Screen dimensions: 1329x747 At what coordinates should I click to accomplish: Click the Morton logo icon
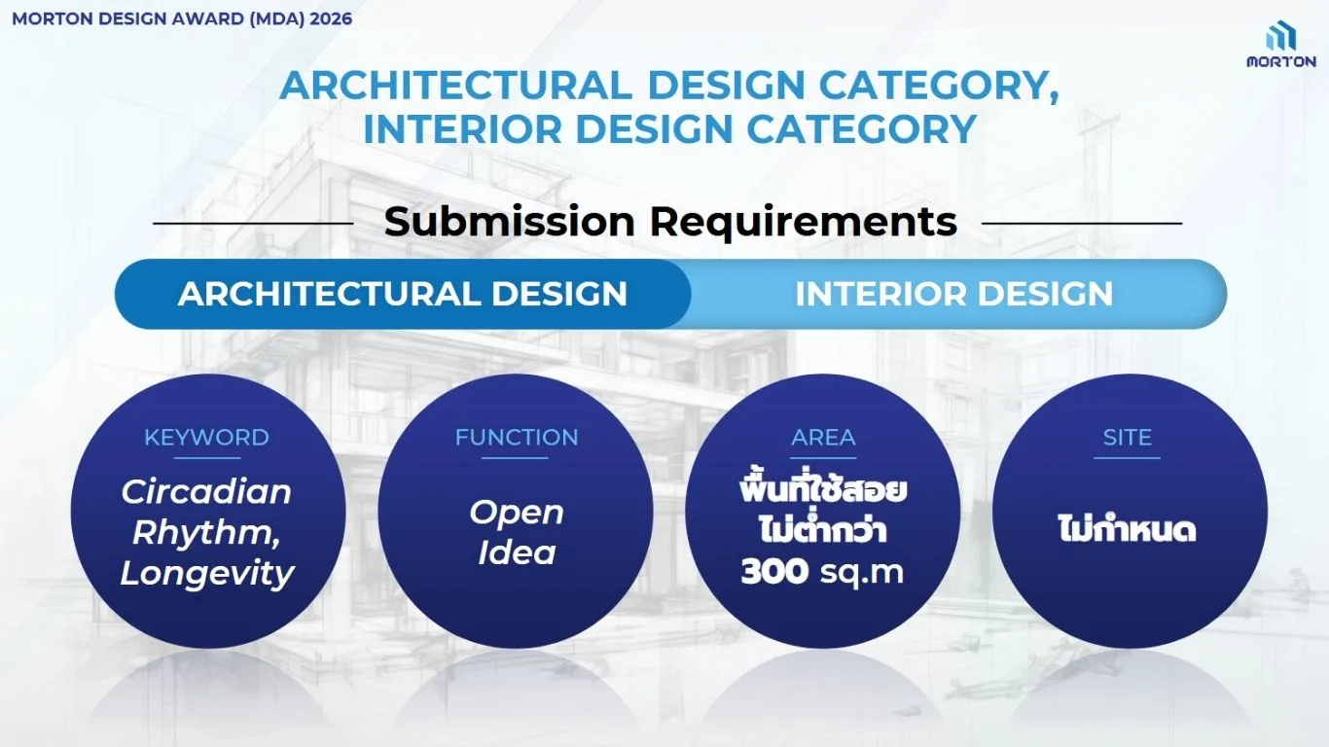[x=1280, y=37]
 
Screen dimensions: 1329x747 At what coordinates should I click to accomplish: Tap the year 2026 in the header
[x=331, y=19]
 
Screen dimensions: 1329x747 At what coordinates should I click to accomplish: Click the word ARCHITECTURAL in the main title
[x=455, y=86]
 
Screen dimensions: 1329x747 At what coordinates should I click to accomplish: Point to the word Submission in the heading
[x=510, y=222]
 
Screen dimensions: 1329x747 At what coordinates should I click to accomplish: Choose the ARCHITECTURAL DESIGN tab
[x=403, y=294]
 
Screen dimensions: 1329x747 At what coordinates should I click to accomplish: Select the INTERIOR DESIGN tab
[x=954, y=294]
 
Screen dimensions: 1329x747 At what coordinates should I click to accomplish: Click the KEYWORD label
[x=206, y=438]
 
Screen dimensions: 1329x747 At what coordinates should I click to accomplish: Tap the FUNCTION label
[x=517, y=438]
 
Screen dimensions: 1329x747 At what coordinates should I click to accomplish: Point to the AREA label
[x=823, y=438]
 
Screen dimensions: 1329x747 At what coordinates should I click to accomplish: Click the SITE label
[x=1128, y=438]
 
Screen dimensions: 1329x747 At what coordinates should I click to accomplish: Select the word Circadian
[x=206, y=492]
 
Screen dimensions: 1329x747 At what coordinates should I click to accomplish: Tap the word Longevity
[x=207, y=574]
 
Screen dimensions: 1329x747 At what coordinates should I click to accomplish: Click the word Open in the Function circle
[x=517, y=514]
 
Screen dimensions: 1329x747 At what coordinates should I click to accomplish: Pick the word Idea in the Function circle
[x=517, y=552]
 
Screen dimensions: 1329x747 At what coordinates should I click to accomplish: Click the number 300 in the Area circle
[x=774, y=571]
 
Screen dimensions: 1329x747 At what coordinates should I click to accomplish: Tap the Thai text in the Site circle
[x=1128, y=529]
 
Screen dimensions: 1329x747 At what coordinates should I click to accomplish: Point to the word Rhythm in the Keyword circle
[x=201, y=533]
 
